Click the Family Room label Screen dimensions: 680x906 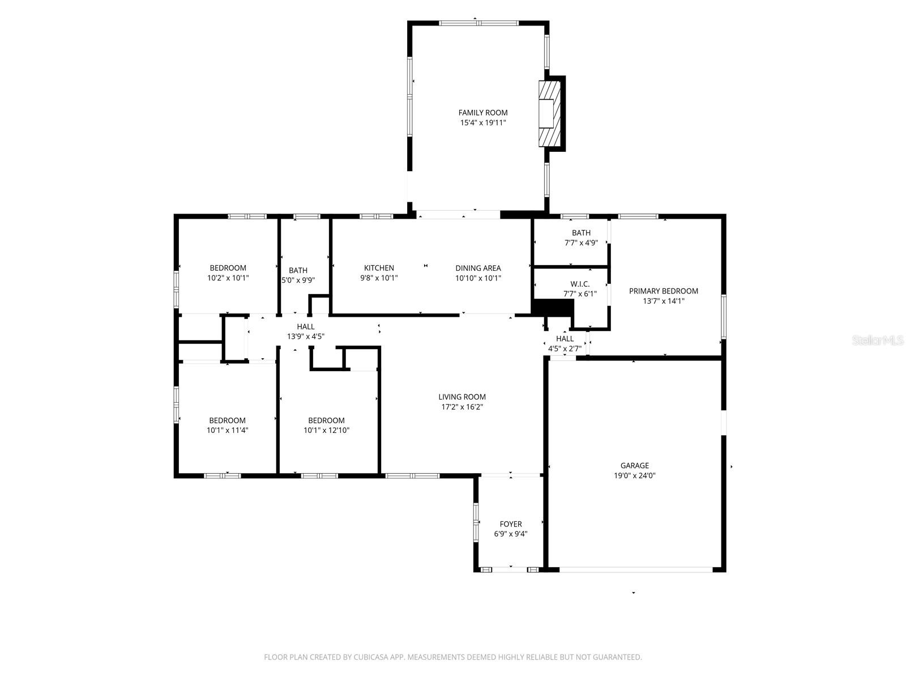482,113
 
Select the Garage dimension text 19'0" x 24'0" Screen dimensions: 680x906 634,476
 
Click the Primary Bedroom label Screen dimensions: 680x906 663,291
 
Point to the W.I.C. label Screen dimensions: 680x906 580,283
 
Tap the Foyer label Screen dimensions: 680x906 510,524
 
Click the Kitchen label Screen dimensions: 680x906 379,268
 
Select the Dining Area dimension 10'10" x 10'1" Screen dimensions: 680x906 478,278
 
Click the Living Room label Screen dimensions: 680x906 461,397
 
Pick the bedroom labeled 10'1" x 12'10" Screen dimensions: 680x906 326,425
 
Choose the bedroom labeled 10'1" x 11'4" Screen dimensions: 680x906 227,425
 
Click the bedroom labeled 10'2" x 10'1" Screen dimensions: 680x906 228,273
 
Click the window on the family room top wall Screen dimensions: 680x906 478,23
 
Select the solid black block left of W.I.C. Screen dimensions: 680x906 553,307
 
